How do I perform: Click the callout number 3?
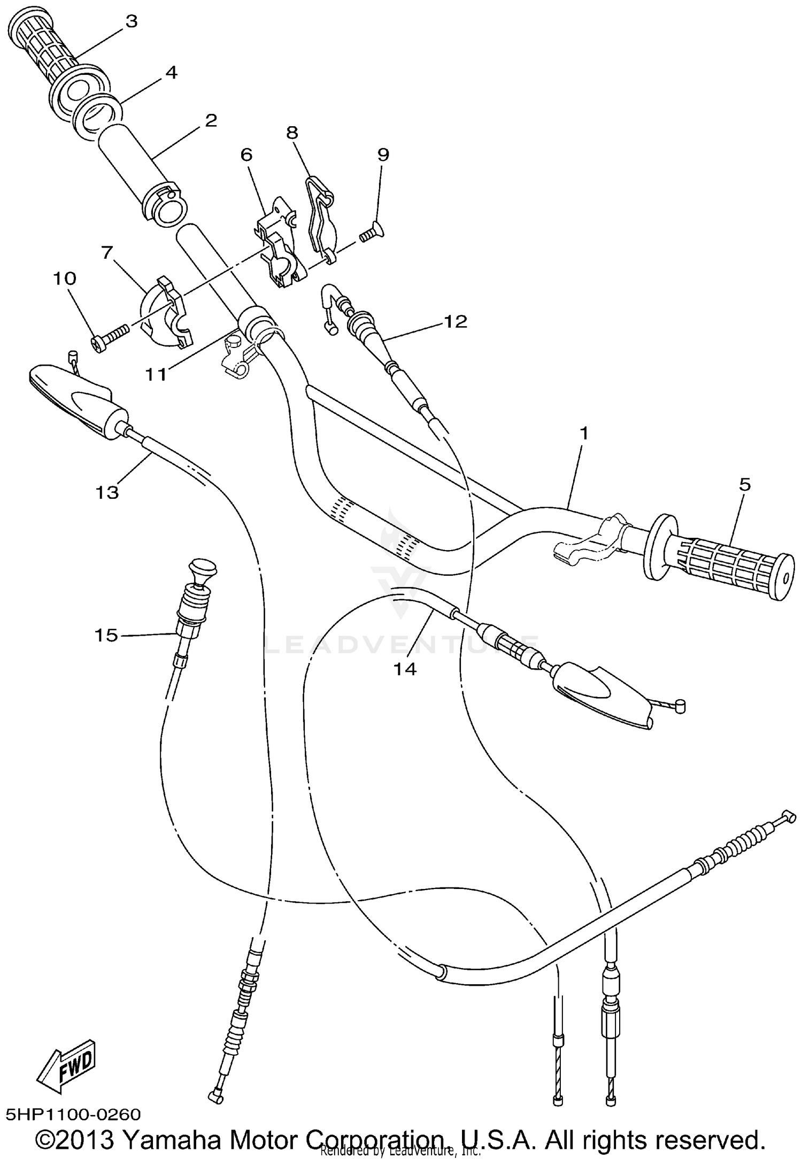click(131, 21)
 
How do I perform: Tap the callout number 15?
click(106, 635)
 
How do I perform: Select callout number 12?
click(455, 321)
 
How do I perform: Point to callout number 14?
click(405, 669)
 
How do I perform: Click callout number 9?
click(383, 154)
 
